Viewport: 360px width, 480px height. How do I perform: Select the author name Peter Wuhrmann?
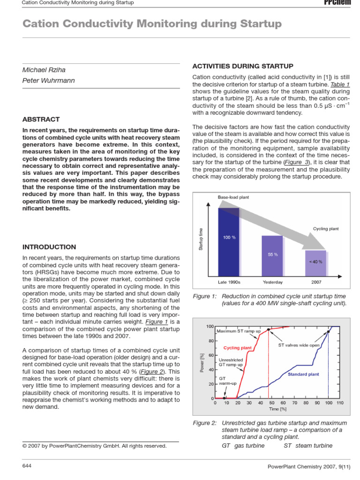[49, 81]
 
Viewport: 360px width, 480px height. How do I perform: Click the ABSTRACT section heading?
[41, 120]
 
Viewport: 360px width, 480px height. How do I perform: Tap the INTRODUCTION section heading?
[49, 247]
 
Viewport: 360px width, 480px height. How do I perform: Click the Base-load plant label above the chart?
[233, 197]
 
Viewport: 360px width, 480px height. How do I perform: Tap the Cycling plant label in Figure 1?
[326, 229]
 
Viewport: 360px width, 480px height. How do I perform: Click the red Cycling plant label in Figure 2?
[237, 348]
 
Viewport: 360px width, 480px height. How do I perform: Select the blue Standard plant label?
[303, 374]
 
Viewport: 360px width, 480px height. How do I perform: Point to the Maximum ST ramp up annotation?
[239, 331]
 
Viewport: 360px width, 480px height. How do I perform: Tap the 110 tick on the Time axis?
[340, 403]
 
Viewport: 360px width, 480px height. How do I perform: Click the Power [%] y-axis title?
[202, 362]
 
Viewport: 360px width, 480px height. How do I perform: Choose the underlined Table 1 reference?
[340, 84]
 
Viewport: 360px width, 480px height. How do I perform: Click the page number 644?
[27, 465]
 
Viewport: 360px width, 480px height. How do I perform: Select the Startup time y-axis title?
[201, 239]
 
